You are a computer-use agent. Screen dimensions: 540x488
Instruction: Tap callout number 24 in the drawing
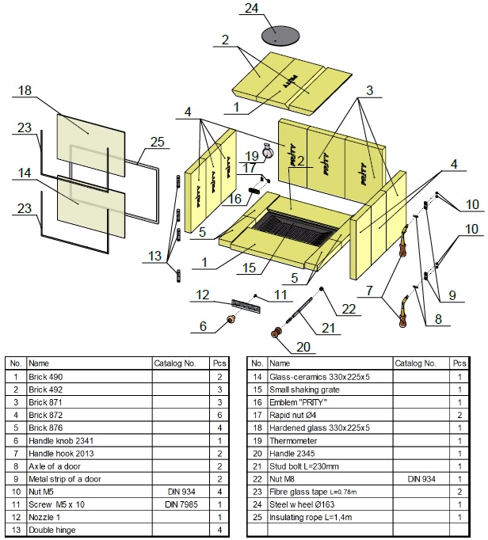tap(274, 10)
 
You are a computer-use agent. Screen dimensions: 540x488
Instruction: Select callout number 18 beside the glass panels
tap(24, 91)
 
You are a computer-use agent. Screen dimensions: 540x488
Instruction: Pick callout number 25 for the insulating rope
tap(157, 141)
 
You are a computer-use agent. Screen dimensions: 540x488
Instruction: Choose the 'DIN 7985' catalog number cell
tap(179, 504)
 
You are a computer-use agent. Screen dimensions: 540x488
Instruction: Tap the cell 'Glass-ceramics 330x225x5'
tap(319, 376)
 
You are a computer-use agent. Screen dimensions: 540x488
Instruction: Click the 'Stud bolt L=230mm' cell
tap(309, 466)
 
